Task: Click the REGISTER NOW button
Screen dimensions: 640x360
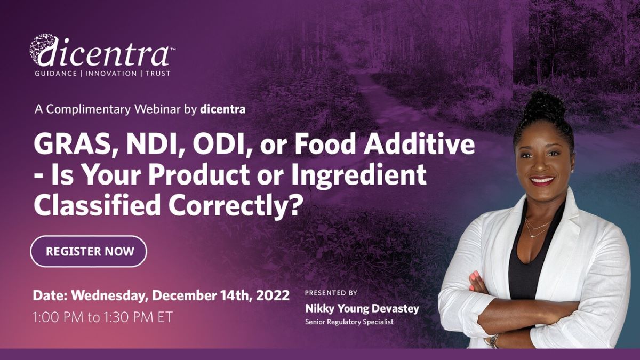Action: [89, 251]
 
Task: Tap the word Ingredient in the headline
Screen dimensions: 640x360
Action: [359, 175]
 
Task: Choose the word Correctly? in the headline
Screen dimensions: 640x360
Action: [232, 206]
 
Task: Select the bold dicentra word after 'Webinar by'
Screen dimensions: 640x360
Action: [223, 109]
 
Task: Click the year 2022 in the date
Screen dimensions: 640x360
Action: [273, 295]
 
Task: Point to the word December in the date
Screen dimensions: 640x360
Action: [185, 295]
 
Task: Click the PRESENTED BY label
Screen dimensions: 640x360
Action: [331, 293]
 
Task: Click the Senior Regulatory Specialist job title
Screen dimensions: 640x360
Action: [349, 322]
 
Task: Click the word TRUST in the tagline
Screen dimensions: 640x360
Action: [158, 74]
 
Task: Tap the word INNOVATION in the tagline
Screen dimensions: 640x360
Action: [111, 74]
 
